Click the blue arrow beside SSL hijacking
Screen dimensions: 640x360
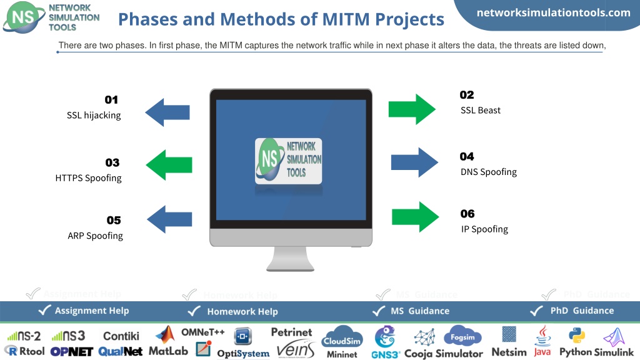point(167,112)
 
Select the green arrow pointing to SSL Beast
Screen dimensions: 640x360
point(412,109)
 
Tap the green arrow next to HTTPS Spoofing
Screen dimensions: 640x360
point(169,165)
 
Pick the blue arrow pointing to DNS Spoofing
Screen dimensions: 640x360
point(414,162)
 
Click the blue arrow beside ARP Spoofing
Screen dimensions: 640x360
point(169,219)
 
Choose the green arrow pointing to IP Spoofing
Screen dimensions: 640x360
point(415,217)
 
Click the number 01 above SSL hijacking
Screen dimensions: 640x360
point(111,99)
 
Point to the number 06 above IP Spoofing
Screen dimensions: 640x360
point(467,214)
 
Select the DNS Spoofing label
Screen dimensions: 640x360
point(489,172)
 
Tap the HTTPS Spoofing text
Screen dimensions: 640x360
point(89,178)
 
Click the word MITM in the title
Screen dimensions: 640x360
point(346,19)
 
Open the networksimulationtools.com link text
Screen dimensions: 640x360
point(554,12)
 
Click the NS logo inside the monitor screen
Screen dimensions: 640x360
point(288,161)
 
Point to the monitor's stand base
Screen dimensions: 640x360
point(290,267)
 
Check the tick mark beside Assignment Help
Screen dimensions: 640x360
point(44,310)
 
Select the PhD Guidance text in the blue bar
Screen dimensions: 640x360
point(582,311)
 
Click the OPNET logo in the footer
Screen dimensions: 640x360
point(72,351)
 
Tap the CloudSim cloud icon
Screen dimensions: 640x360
point(342,337)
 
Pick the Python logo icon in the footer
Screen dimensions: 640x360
point(577,336)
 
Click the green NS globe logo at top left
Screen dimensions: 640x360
point(23,17)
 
